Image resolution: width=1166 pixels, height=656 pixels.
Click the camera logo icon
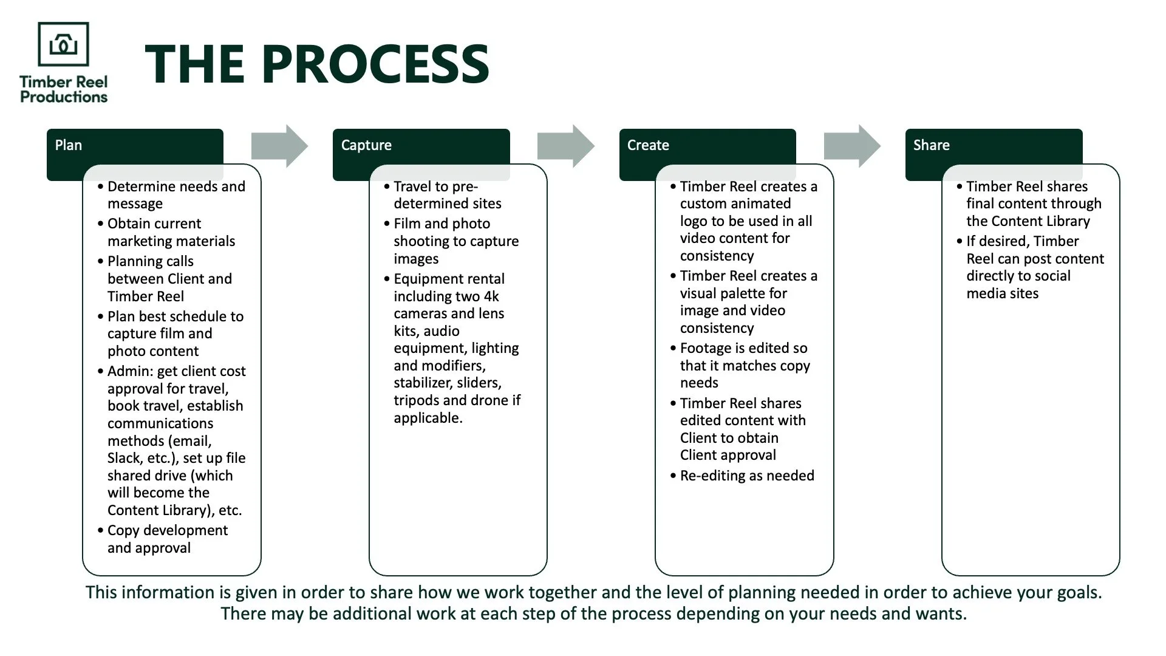pyautogui.click(x=63, y=44)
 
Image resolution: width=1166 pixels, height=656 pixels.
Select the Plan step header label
pyautogui.click(x=69, y=145)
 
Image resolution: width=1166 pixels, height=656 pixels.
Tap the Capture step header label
pyautogui.click(x=366, y=145)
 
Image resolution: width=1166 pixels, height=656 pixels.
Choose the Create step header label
pyautogui.click(x=648, y=145)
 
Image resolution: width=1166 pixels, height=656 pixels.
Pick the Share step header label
pyautogui.click(x=931, y=145)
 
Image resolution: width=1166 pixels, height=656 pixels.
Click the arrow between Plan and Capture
pyautogui.click(x=280, y=146)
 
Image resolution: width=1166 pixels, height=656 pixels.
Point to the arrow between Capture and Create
pyautogui.click(x=566, y=146)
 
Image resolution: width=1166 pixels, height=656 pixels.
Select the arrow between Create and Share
pyautogui.click(x=852, y=146)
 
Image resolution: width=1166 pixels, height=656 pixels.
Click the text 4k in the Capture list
pyautogui.click(x=491, y=296)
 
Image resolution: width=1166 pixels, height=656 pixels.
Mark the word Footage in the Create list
pyautogui.click(x=704, y=348)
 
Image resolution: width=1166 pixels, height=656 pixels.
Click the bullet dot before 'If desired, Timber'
pyautogui.click(x=960, y=241)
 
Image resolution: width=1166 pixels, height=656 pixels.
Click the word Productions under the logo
pyautogui.click(x=64, y=97)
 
